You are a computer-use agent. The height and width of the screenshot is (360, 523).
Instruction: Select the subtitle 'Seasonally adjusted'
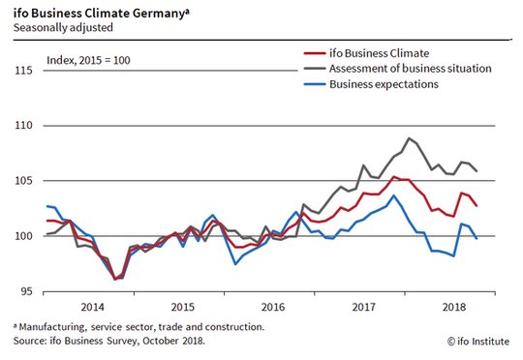coord(63,27)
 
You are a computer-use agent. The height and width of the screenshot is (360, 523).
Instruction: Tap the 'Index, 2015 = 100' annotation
coord(88,60)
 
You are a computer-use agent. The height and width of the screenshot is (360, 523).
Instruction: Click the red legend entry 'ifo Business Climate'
coord(380,53)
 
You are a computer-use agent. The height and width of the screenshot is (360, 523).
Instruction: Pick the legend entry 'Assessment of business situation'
coord(411,69)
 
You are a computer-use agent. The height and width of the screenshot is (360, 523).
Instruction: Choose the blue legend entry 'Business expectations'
coord(384,84)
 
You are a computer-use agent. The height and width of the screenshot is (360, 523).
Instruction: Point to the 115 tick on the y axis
coord(23,71)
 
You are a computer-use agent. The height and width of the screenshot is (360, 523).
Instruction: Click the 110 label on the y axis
coord(23,126)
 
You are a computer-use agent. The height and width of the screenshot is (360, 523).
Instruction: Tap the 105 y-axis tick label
coord(23,181)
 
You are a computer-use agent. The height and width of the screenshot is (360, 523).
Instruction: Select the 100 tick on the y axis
coord(23,236)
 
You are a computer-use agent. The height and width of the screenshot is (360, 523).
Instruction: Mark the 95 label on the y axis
coord(26,291)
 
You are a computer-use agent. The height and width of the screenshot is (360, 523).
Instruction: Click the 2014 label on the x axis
coord(92,307)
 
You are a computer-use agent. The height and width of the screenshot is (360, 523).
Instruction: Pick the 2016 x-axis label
coord(273,307)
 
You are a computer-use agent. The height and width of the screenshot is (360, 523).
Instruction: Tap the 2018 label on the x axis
coord(454,307)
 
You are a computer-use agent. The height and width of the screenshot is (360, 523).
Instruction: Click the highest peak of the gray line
coord(409,137)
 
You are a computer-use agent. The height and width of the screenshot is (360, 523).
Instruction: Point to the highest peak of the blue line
coord(394,195)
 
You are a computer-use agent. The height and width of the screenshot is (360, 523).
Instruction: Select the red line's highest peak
coord(394,177)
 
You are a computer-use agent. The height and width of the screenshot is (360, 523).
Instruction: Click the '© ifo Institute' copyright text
coord(478,342)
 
